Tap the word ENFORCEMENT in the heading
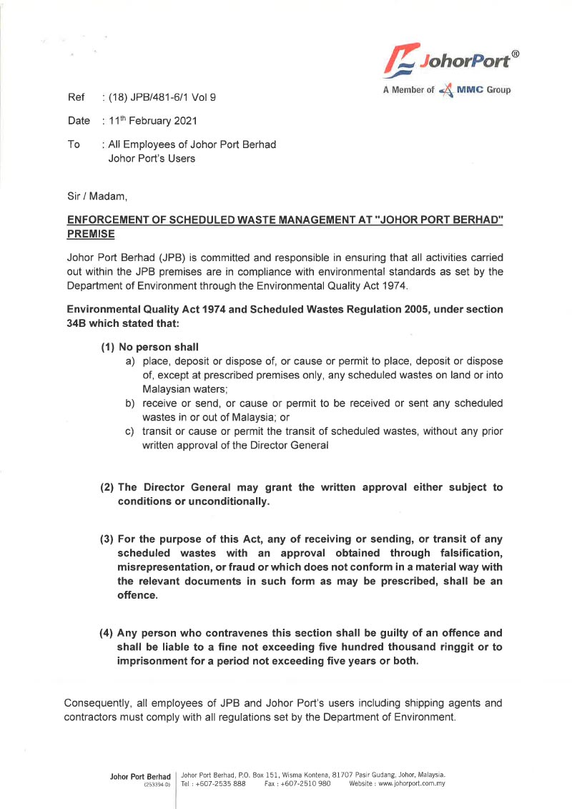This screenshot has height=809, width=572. [x=108, y=220]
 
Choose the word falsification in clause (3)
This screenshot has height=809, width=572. [x=465, y=553]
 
